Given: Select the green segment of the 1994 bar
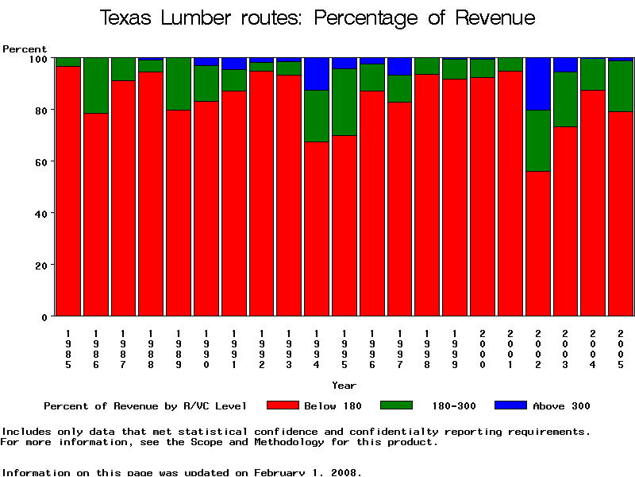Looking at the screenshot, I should pyautogui.click(x=317, y=116).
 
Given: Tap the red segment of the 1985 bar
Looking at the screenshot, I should pyautogui.click(x=68, y=191).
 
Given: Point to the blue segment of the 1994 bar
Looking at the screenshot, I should pyautogui.click(x=317, y=74).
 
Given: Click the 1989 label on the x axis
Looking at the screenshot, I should pyautogui.click(x=179, y=349).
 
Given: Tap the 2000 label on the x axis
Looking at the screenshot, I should pyautogui.click(x=483, y=349).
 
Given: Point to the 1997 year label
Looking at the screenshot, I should pyautogui.click(x=400, y=349).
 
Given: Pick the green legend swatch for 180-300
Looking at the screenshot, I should pyautogui.click(x=397, y=405).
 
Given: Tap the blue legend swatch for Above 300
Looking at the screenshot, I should pyautogui.click(x=510, y=405).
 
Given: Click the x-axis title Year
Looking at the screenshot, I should pyautogui.click(x=344, y=386).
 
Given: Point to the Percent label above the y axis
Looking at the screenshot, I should pyautogui.click(x=25, y=49).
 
